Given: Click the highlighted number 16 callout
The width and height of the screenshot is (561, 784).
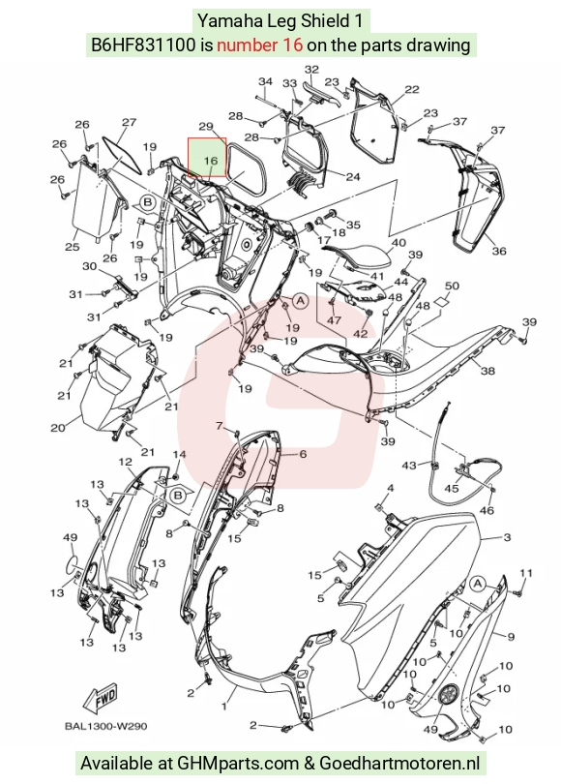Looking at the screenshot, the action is click(x=211, y=161).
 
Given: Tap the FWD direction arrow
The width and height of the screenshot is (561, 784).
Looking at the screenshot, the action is click(x=101, y=698).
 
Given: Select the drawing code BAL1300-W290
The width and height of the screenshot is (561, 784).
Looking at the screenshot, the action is click(x=105, y=726).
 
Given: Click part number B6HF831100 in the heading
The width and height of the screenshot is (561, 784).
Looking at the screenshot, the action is click(x=143, y=45).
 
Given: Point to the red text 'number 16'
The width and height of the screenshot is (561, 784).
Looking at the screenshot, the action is click(x=260, y=45).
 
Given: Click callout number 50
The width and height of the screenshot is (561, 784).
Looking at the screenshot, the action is click(x=452, y=286).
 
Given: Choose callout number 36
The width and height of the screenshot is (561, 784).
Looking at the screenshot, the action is click(x=499, y=251).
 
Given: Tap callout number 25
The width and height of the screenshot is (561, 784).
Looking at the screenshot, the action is click(x=73, y=247).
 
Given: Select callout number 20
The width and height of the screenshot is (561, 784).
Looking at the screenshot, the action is click(x=58, y=428).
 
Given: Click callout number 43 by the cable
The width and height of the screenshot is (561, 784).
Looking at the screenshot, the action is click(x=409, y=466).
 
